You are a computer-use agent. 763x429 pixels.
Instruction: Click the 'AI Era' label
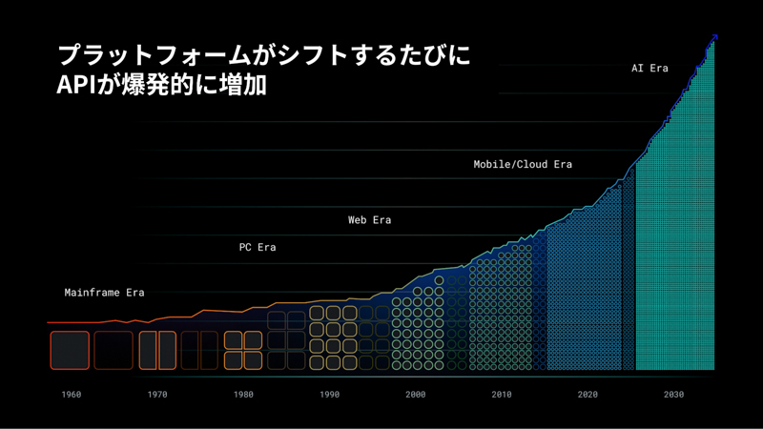point(650,69)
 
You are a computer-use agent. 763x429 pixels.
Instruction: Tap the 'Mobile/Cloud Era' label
point(523,164)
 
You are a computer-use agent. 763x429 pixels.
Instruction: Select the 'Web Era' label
point(369,220)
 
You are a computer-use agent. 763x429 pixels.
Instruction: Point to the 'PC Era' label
point(257,247)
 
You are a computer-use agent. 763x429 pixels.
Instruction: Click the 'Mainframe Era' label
point(104,293)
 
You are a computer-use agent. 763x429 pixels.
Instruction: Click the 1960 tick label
point(71,394)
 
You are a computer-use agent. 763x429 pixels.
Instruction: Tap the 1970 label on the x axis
point(157,394)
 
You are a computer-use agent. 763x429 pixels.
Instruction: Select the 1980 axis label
point(243,394)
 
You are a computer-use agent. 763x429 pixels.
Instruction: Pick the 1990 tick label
point(329,394)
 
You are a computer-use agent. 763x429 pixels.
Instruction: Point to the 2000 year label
point(415,394)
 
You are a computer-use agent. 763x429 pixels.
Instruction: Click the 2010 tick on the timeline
point(502,394)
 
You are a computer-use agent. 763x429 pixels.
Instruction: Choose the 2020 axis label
point(588,394)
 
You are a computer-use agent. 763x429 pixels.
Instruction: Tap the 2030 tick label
point(673,394)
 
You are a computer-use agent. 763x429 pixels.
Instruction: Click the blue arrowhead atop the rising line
point(713,37)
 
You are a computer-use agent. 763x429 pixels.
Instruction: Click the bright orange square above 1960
point(70,350)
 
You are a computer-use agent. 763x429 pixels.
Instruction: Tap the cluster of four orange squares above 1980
point(243,350)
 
